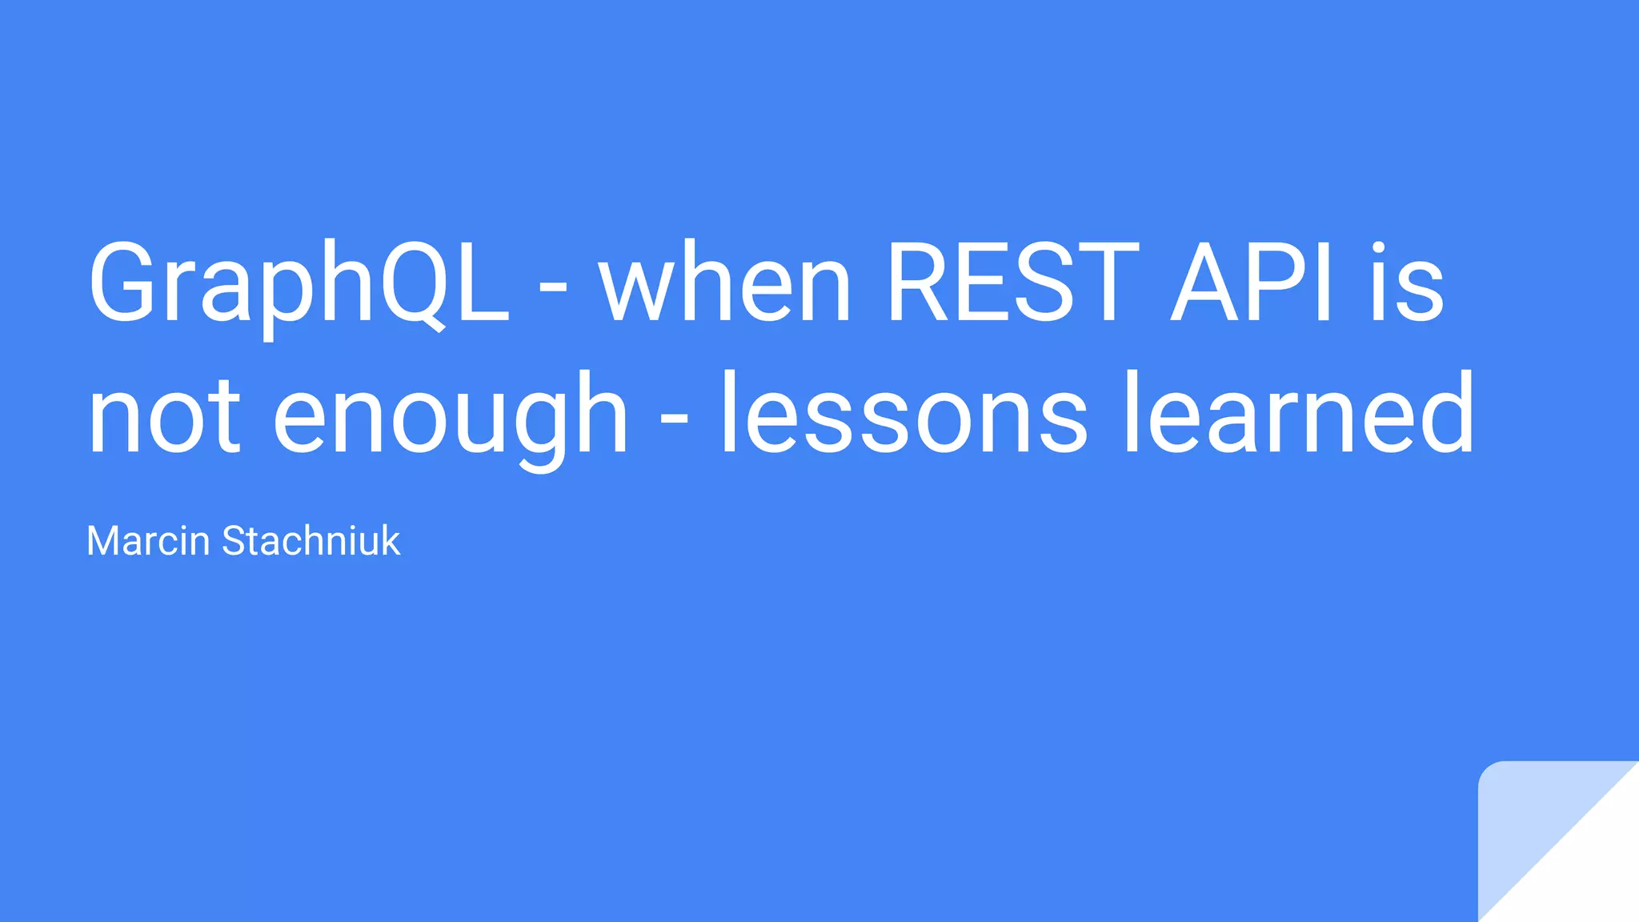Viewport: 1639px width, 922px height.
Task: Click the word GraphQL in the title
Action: (x=299, y=284)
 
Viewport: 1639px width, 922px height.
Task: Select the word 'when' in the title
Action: (x=726, y=284)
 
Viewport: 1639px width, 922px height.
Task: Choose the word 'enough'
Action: (x=451, y=416)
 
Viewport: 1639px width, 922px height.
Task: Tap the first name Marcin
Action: (x=148, y=541)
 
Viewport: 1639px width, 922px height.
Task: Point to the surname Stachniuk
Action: (x=311, y=541)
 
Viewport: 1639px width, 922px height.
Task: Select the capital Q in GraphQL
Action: (x=413, y=284)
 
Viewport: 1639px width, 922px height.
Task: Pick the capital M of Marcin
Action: (x=103, y=541)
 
